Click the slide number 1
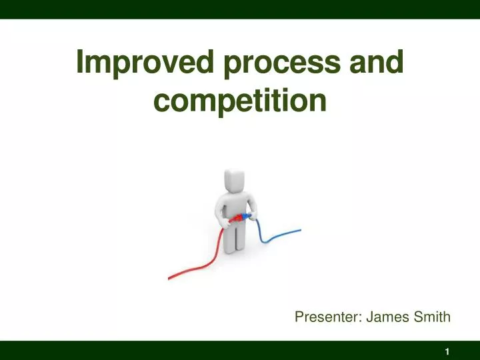(x=447, y=351)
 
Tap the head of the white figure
(x=234, y=179)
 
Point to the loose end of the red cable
(x=171, y=276)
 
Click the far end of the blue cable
(x=299, y=231)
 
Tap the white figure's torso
(x=234, y=203)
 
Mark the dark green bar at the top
(x=240, y=9)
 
